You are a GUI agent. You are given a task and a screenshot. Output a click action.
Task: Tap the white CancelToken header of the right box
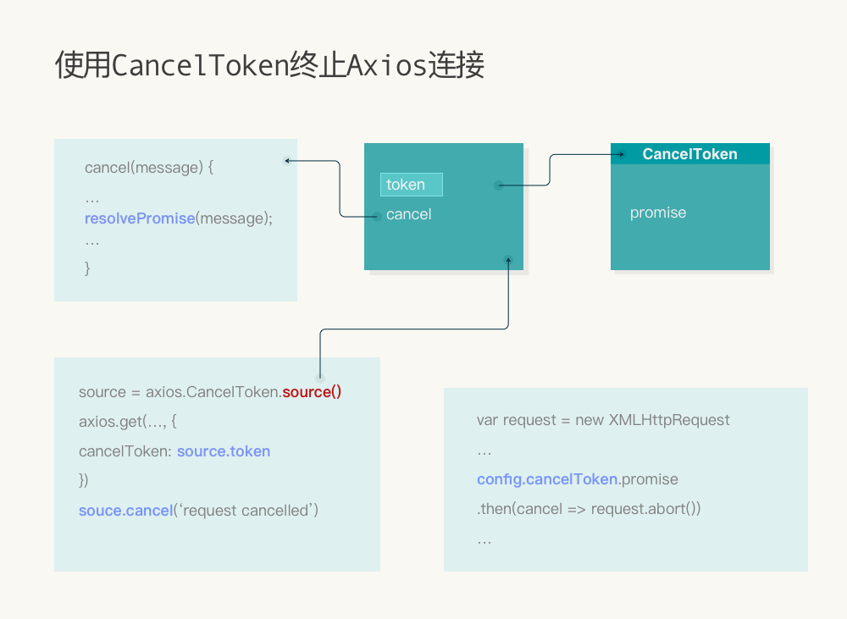click(x=689, y=154)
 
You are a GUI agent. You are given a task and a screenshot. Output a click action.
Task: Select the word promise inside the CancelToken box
click(x=658, y=213)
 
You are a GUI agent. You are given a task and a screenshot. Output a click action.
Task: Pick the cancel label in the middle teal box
click(x=408, y=214)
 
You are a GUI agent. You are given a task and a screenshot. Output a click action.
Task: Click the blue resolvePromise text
click(x=140, y=218)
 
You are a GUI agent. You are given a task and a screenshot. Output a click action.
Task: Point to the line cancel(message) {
click(x=149, y=168)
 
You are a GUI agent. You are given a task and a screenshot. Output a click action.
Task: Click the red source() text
click(x=312, y=392)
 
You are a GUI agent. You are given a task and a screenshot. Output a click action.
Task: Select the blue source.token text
click(x=224, y=451)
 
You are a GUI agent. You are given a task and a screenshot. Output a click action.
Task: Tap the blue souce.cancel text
click(x=125, y=511)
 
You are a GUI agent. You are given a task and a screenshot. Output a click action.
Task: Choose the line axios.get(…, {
click(x=127, y=422)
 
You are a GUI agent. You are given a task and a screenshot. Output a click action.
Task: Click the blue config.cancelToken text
click(x=547, y=479)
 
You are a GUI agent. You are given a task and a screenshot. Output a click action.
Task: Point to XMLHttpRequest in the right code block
click(x=669, y=420)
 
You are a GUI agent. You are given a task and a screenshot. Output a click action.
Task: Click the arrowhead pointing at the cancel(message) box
click(x=288, y=160)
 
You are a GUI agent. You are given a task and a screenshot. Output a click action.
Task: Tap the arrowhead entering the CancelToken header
click(x=620, y=154)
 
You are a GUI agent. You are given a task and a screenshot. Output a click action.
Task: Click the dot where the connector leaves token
click(x=499, y=185)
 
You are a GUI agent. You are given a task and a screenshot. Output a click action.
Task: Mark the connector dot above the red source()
click(x=320, y=377)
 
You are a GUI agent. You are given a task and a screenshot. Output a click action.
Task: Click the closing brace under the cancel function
click(x=87, y=268)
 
